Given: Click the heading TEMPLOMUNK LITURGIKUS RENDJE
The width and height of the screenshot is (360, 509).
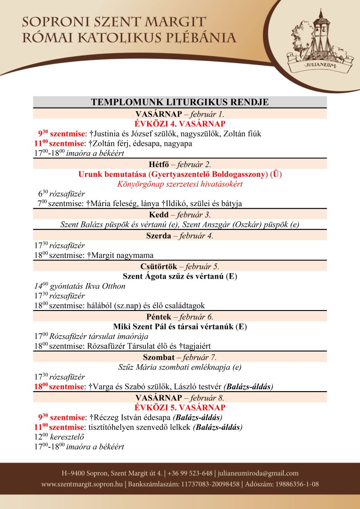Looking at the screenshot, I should (180, 102).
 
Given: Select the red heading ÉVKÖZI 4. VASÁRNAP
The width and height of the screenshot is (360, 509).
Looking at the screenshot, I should (180, 124).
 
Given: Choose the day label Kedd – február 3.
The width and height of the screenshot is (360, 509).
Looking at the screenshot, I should (180, 214).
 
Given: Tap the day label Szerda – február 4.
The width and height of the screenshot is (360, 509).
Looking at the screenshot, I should (180, 235).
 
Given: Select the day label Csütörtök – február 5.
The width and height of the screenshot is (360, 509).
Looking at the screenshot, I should (180, 266).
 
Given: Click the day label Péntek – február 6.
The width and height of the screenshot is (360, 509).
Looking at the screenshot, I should (180, 316).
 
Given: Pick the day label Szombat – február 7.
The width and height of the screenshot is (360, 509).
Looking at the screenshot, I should (180, 357).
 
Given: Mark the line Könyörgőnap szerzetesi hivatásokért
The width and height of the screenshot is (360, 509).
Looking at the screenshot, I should (180, 184).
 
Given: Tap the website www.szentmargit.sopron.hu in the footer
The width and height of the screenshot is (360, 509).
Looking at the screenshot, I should (82, 484).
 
